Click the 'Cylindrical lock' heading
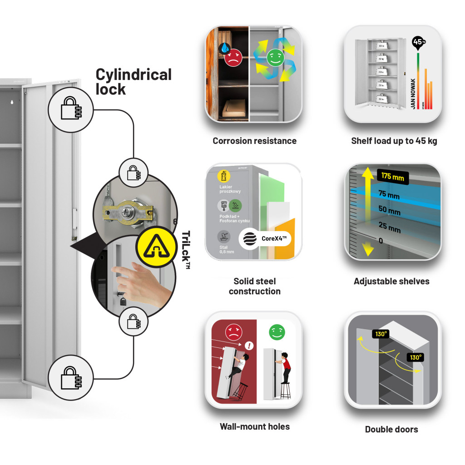[x=134, y=82]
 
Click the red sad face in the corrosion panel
[x=233, y=58]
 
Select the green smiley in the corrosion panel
[x=274, y=57]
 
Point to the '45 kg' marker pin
[x=418, y=43]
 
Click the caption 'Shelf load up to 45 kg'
[x=394, y=141]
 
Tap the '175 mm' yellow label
[x=392, y=176]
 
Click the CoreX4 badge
[x=265, y=238]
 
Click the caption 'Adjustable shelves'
[x=391, y=282]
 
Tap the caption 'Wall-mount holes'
[x=254, y=426]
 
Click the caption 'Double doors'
[x=391, y=429]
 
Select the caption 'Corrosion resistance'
[x=254, y=141]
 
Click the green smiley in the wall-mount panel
[x=276, y=332]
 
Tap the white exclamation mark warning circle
[x=249, y=346]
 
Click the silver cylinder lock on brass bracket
[x=129, y=211]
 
